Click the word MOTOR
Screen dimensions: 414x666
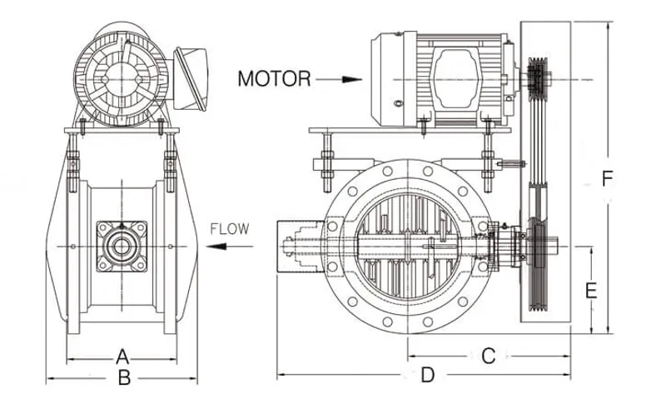click(x=274, y=79)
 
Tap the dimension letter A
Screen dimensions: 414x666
click(x=122, y=356)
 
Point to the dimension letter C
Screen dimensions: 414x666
click(x=489, y=356)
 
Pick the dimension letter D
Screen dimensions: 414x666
click(x=427, y=376)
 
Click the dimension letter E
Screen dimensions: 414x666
click(x=591, y=291)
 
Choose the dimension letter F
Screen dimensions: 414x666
click(x=608, y=178)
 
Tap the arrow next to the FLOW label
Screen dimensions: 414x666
click(x=226, y=247)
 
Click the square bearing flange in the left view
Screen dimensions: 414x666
click(x=122, y=246)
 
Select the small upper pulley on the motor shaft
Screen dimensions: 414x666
click(x=539, y=79)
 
